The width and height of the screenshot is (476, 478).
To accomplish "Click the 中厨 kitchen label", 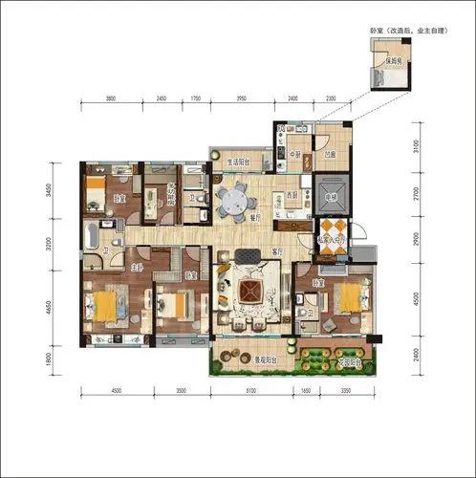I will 294,154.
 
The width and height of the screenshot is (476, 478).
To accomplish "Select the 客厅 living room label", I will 276,251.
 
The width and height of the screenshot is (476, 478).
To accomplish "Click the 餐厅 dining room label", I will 256,218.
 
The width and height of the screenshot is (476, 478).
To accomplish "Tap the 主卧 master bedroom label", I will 137,269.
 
